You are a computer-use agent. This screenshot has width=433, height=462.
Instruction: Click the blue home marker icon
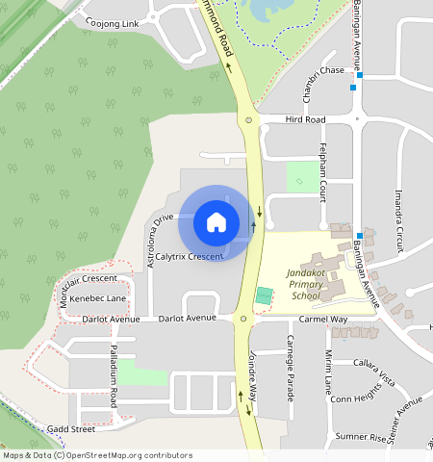[x=216, y=222]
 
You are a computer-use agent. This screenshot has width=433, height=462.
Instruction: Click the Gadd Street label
[x=70, y=428]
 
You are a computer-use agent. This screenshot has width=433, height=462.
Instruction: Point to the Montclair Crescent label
[x=88, y=279]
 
